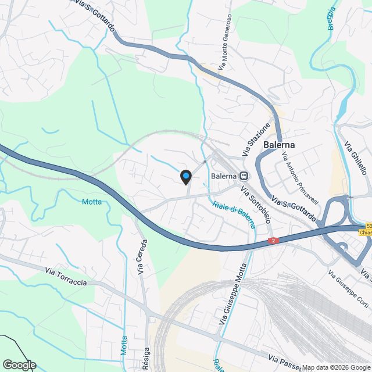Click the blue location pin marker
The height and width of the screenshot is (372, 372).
click(185, 176)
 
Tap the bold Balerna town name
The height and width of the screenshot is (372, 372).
click(279, 145)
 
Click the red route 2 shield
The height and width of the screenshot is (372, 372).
click(272, 241)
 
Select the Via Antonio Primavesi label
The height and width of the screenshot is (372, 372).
click(301, 178)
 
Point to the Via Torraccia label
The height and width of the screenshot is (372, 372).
click(67, 276)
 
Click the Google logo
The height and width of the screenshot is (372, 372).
click(19, 364)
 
